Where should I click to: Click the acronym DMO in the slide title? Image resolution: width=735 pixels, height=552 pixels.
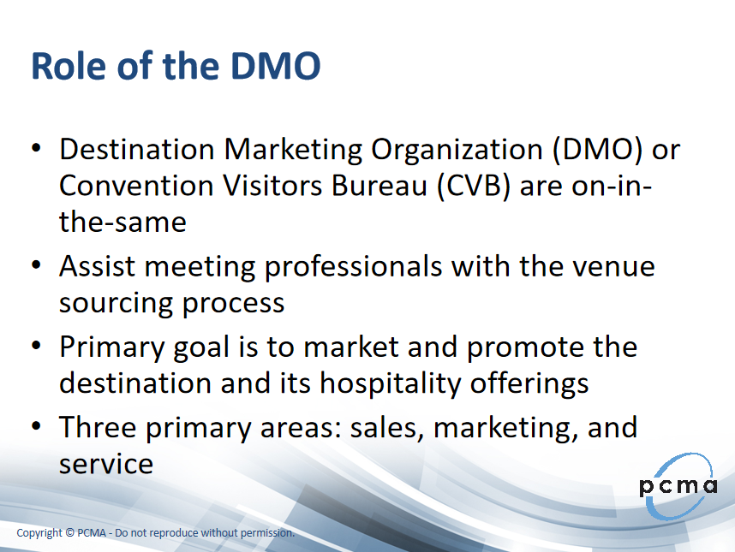[x=276, y=66]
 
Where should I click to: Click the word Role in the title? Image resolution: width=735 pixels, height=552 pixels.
[x=69, y=66]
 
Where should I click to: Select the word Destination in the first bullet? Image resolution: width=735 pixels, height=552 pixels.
[x=137, y=150]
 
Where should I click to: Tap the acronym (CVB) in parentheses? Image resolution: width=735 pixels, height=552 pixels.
[x=474, y=186]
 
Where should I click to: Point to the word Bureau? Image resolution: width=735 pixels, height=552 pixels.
[x=379, y=186]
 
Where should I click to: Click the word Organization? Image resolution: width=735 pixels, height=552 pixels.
[x=457, y=151]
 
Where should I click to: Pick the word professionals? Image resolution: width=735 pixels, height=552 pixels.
[x=354, y=268]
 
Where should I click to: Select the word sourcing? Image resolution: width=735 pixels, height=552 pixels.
[x=116, y=304]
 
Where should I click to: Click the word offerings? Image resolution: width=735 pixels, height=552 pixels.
[x=529, y=383]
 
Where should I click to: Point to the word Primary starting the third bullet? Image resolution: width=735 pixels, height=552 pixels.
[x=112, y=348]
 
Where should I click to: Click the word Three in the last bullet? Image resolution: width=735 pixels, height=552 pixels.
[x=98, y=427]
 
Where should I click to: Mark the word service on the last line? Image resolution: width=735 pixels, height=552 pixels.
[x=106, y=465]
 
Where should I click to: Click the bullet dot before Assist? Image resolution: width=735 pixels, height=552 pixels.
[x=37, y=265]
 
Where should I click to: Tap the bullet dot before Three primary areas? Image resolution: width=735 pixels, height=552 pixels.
[x=37, y=426]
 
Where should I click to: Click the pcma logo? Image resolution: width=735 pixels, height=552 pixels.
[x=678, y=486]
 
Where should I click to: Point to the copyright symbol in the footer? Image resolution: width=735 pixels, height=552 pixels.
[x=70, y=533]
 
